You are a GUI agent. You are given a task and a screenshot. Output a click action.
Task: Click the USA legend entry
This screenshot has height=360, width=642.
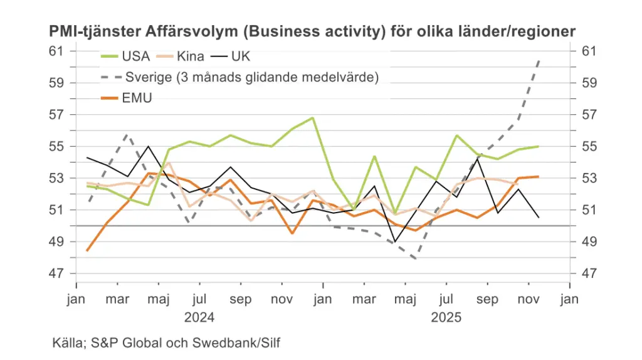[x=135, y=56]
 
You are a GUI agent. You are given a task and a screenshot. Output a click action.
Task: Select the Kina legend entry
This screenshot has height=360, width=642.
[x=191, y=56]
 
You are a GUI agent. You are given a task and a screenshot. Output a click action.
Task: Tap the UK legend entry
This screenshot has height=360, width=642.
[x=241, y=56]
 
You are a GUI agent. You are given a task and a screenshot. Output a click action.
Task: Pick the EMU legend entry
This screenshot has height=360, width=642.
[x=137, y=98]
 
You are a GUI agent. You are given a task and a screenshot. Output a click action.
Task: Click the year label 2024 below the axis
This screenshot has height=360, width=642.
[x=199, y=317]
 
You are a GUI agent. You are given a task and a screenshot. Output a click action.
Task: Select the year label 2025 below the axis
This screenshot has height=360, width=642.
[x=446, y=317]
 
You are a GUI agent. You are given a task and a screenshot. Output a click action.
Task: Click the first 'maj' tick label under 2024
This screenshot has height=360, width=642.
[x=158, y=300]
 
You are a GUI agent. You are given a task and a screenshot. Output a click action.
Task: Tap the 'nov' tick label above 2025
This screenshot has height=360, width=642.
[x=528, y=300]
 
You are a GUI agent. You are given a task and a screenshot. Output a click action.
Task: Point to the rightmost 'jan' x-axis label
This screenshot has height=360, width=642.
[x=569, y=300]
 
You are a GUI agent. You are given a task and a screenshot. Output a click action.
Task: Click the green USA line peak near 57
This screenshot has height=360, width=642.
[x=312, y=117]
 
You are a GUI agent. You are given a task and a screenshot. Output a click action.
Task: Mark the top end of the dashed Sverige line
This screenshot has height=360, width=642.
[x=539, y=60]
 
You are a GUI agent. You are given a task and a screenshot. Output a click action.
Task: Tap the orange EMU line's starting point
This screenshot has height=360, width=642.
[x=87, y=250]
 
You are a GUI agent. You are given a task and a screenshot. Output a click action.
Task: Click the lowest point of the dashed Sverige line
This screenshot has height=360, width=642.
[x=415, y=258]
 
